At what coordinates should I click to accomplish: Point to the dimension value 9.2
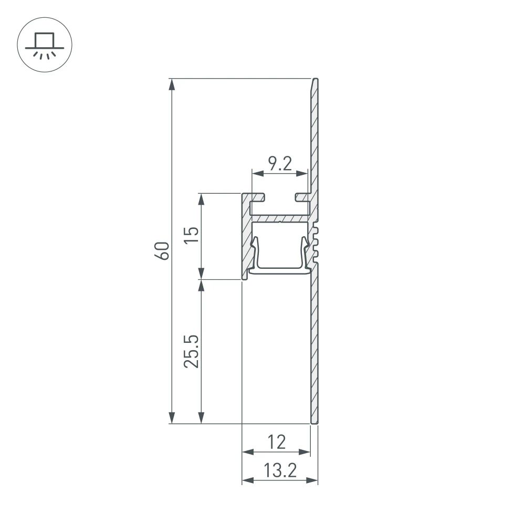coord(279,164)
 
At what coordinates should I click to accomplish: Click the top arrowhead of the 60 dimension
coord(172,85)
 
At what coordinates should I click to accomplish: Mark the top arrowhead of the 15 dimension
coord(201,199)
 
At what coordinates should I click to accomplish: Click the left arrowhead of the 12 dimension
coord(247,451)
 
